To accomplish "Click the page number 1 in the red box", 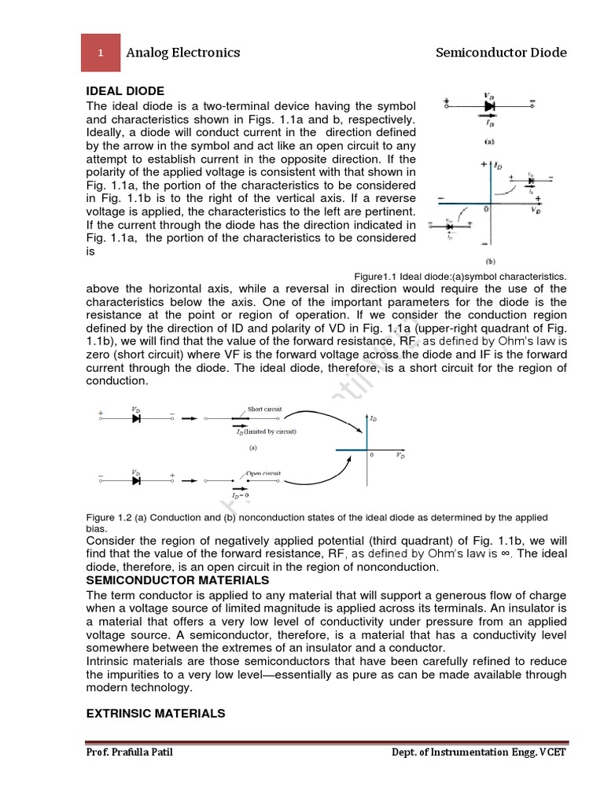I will coord(101,53).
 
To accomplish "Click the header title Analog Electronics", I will coord(183,53).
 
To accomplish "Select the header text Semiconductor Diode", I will coord(501,53).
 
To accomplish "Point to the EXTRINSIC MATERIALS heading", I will coord(156,713).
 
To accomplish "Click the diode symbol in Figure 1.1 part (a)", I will coord(489,105).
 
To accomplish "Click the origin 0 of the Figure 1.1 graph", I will coord(486,210).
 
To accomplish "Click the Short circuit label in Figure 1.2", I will coord(264,409).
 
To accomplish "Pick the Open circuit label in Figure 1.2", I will coord(263,473).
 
